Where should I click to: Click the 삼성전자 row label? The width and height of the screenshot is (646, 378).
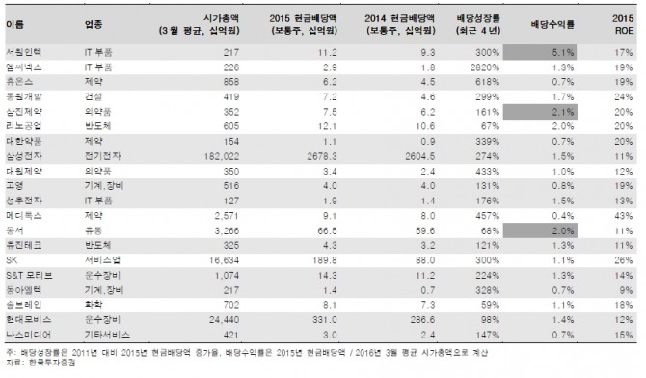[22, 154]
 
